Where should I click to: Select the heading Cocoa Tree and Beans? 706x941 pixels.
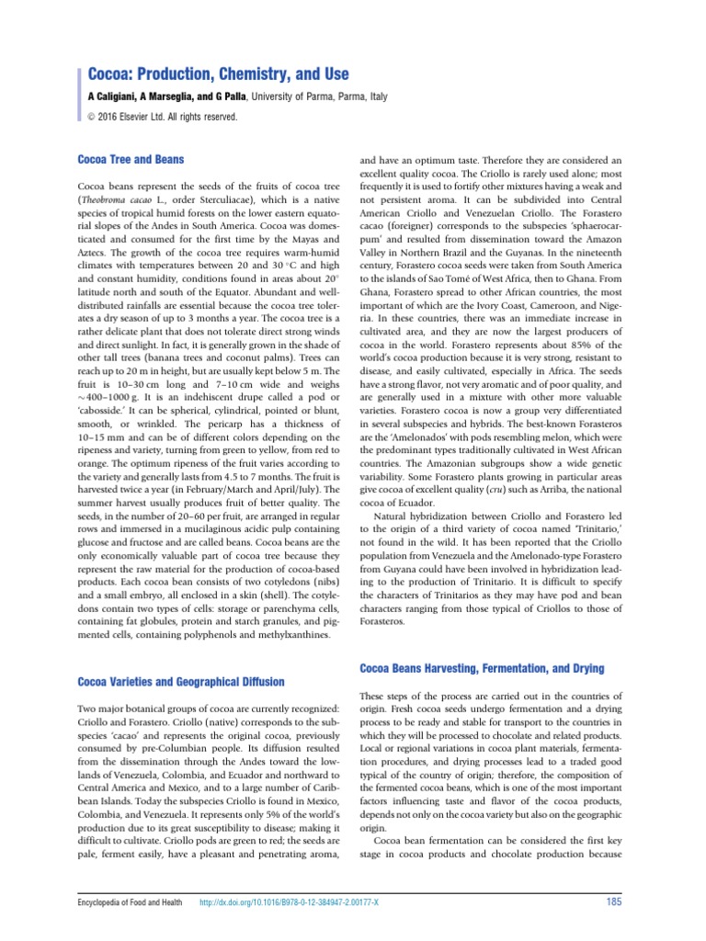pos(131,159)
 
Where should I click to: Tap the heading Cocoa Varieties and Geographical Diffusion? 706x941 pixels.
pos(180,681)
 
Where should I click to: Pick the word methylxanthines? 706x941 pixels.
pos(284,634)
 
